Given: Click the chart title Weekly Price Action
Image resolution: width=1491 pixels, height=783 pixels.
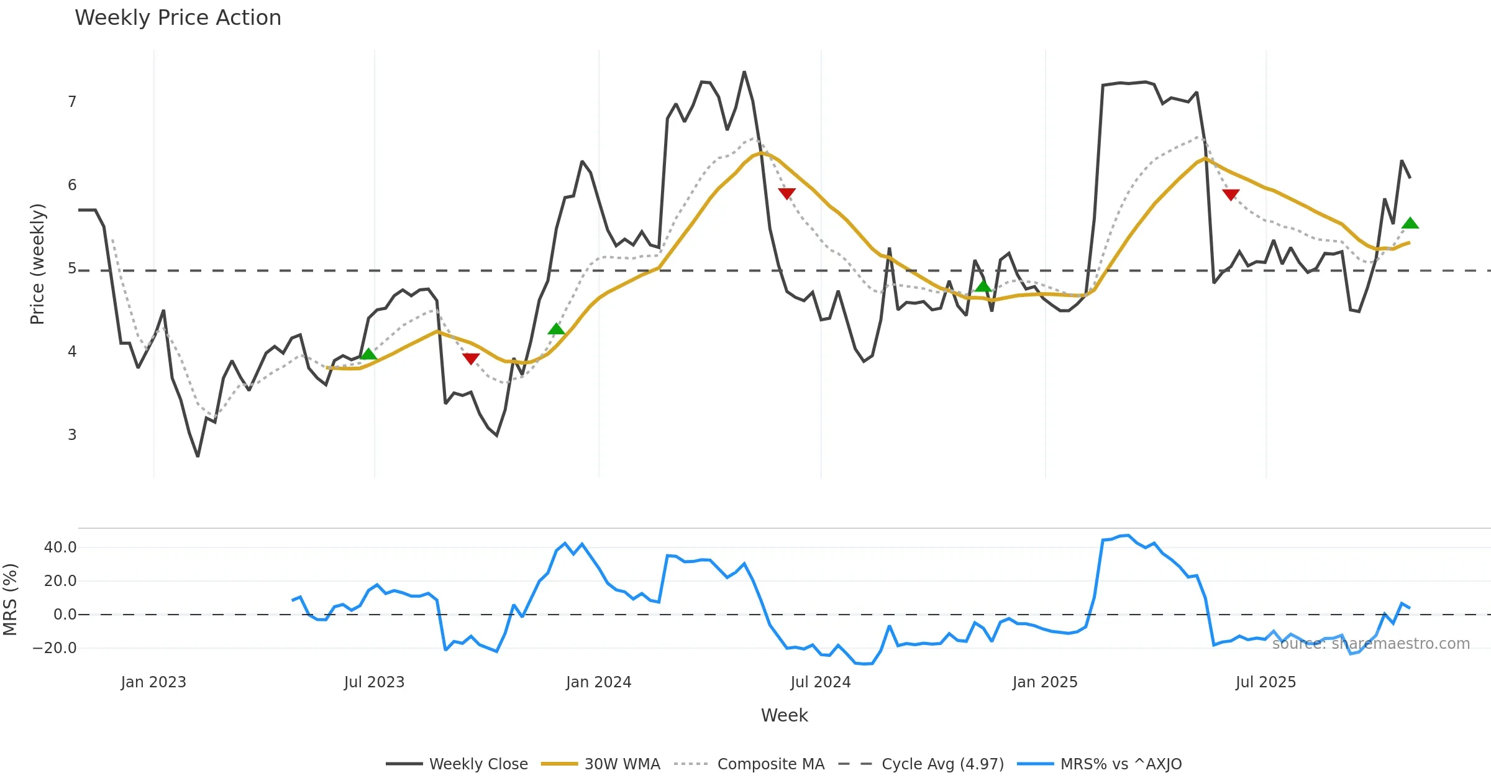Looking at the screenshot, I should click(178, 18).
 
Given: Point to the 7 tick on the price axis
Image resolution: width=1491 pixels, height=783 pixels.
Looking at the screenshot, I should click(72, 102).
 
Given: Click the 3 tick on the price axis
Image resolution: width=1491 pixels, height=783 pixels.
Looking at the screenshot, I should click(72, 435).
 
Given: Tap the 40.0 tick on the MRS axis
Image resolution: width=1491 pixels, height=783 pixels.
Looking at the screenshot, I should click(60, 547).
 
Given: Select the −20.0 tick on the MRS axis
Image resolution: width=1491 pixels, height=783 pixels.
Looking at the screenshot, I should click(55, 648).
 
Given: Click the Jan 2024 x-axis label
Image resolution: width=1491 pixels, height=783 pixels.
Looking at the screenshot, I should click(598, 682).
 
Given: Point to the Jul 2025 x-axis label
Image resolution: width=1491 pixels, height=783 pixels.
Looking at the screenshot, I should click(1265, 682).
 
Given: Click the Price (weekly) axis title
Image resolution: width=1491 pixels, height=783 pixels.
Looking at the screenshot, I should click(38, 264).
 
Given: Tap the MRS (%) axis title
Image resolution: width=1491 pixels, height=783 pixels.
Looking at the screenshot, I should click(11, 600).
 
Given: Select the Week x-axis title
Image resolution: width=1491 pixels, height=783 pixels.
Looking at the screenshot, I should click(784, 716).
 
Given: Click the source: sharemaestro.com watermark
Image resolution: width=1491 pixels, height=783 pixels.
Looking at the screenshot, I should click(1370, 644).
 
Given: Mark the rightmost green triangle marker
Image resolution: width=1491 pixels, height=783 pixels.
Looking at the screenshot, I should click(1410, 223).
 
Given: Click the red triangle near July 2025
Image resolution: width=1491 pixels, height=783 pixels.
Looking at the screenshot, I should click(1231, 195).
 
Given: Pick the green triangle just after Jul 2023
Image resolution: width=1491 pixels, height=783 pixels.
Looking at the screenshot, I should click(368, 354).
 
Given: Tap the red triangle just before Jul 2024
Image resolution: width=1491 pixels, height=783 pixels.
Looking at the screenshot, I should click(787, 194).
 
